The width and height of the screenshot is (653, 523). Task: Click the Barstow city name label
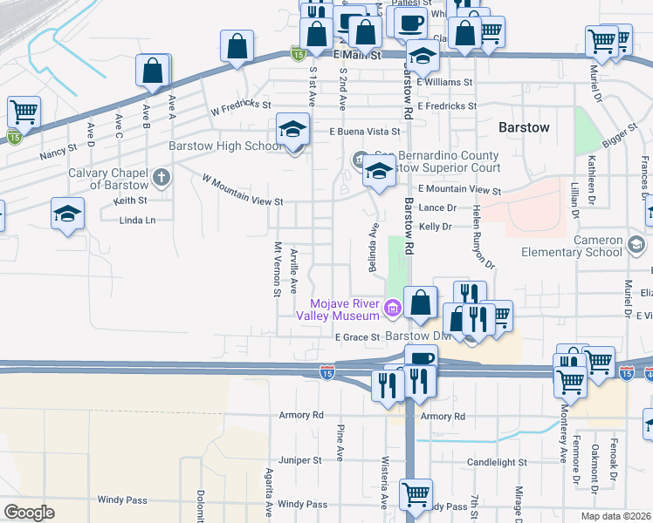tap(524, 127)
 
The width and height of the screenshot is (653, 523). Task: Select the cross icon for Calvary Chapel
tap(160, 179)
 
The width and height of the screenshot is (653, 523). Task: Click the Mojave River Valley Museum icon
tap(392, 306)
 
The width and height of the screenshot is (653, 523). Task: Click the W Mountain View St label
tap(243, 189)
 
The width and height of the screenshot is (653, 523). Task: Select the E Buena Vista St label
tap(364, 132)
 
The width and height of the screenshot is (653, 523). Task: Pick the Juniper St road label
tap(301, 460)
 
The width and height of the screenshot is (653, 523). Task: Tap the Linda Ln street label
tap(137, 220)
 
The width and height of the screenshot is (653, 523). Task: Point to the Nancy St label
tap(58, 152)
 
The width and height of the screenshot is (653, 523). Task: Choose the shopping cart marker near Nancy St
tap(23, 112)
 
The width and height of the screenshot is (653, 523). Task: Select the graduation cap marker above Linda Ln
tap(67, 214)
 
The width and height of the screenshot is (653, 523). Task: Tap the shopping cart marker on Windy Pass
tap(416, 494)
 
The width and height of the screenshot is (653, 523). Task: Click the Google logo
tap(29, 513)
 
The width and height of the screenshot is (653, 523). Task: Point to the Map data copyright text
tap(615, 516)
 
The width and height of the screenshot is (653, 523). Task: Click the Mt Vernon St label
tap(277, 269)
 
